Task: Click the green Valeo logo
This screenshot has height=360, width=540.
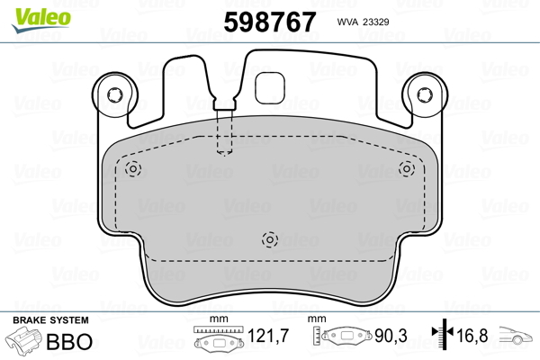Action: (x=41, y=20)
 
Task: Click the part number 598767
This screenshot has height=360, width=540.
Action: (x=270, y=22)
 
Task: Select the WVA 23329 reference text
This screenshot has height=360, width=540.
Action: (x=363, y=22)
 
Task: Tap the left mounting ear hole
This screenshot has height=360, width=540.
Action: (x=114, y=94)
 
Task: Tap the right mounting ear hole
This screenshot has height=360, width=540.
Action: (x=425, y=94)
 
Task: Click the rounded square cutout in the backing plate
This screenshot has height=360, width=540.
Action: (x=270, y=88)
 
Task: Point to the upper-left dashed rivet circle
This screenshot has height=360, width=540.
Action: (x=133, y=169)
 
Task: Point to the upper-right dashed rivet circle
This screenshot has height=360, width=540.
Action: (x=407, y=169)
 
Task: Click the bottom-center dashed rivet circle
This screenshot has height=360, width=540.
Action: (x=270, y=239)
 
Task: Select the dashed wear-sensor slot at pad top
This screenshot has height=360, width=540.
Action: (x=224, y=132)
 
